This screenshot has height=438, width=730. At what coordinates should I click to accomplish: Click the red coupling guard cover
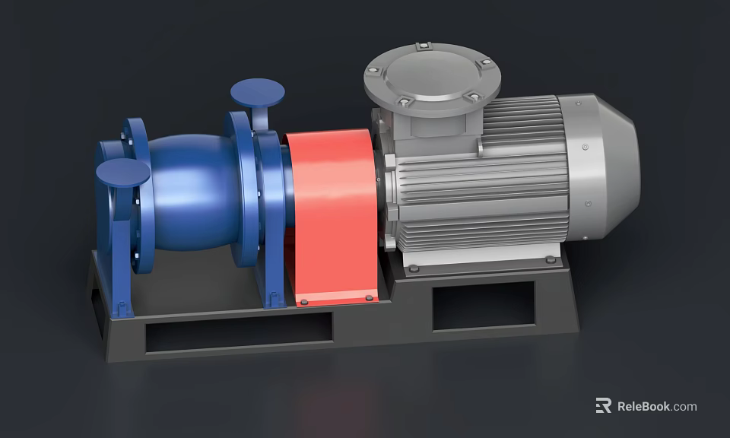coord(332,213)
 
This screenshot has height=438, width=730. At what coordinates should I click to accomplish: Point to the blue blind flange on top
coord(258,93)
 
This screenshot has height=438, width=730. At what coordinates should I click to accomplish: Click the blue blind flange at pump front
coord(122,172)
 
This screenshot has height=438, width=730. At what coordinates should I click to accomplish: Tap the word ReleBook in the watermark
coord(643,407)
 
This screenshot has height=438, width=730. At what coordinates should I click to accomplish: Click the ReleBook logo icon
coord(603,406)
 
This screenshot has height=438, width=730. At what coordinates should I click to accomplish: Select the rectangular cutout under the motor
coord(484,306)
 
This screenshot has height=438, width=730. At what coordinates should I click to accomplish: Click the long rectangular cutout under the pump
coord(239,332)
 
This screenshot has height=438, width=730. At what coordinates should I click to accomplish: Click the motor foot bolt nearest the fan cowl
coord(550,259)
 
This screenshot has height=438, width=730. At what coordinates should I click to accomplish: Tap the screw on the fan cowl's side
coord(585,148)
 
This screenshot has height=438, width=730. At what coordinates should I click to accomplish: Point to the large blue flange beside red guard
coord(242,190)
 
